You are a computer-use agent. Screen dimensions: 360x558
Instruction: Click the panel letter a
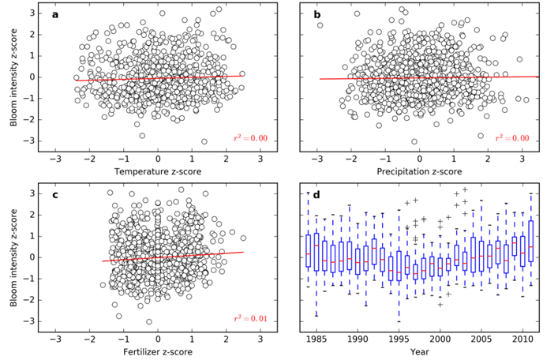(x=56, y=14)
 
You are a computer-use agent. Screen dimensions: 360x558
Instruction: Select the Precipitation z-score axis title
(x=421, y=171)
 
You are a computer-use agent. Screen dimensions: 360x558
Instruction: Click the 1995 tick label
(x=398, y=338)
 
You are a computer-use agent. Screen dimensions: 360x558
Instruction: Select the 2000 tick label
(x=439, y=338)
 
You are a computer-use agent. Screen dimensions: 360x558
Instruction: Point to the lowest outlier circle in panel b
(x=414, y=141)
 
